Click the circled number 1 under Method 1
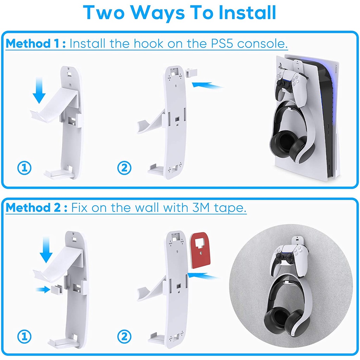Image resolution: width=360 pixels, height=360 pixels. tap(24, 168)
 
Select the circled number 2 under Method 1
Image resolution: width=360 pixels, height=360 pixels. tap(124, 168)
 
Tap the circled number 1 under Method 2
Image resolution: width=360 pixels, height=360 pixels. tap(24, 336)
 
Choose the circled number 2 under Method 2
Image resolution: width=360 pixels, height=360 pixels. tap(124, 336)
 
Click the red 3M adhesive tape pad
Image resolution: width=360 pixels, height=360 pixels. tap(200, 250)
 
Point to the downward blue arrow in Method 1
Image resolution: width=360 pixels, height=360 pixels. tap(39, 90)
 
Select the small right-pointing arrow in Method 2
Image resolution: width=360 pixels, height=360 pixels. tap(43, 290)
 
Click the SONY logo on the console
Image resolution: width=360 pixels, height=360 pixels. tap(336, 69)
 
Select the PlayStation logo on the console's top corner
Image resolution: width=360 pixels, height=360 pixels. tap(280, 66)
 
